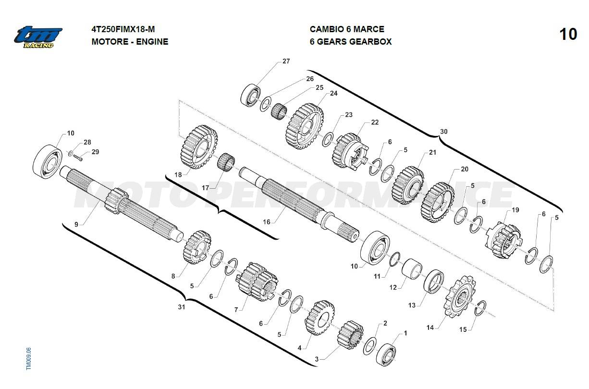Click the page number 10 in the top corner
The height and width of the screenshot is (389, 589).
568,35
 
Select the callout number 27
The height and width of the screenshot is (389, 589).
286,61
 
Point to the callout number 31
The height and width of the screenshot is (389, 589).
181,307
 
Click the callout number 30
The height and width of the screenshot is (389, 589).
443,132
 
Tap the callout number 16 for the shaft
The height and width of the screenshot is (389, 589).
267,222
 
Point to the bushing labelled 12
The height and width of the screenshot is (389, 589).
411,267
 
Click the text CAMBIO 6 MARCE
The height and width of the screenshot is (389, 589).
347,29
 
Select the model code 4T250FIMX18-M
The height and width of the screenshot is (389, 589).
123,29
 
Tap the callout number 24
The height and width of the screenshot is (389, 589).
333,93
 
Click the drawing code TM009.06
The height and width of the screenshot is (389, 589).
29,358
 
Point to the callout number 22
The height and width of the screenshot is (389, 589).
375,122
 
